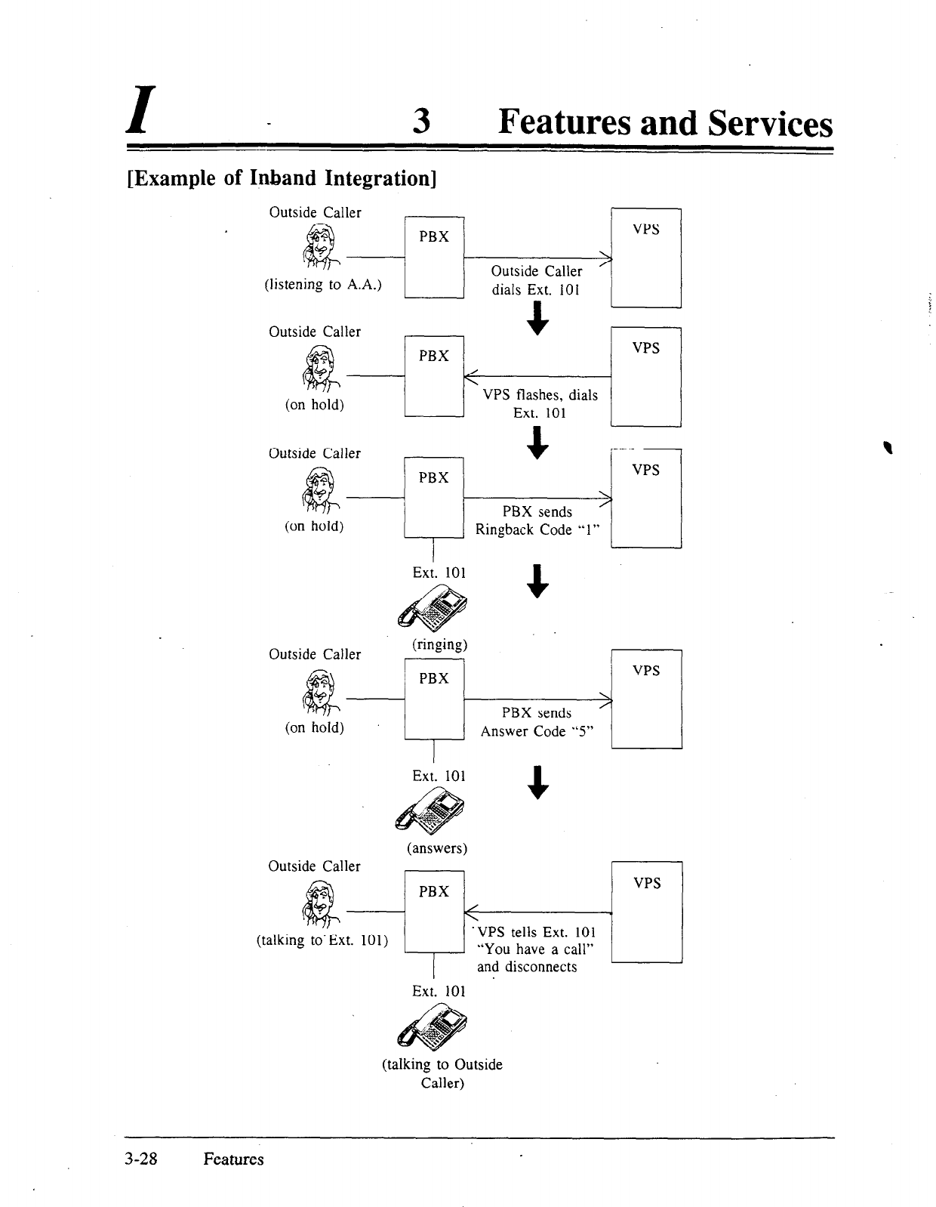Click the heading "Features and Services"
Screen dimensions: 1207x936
pyautogui.click(x=665, y=123)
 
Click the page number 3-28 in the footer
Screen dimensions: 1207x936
pyautogui.click(x=141, y=1159)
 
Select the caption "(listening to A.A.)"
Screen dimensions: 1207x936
pyautogui.click(x=322, y=285)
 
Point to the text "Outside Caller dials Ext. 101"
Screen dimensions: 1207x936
pyautogui.click(x=536, y=280)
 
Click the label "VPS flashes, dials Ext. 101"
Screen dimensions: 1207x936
pyautogui.click(x=540, y=404)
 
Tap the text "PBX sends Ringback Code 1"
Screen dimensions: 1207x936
pyautogui.click(x=537, y=521)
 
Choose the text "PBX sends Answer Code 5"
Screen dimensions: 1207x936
pyautogui.click(x=537, y=722)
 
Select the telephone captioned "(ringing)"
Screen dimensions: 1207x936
pyautogui.click(x=433, y=608)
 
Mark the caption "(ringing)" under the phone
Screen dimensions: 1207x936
pyautogui.click(x=439, y=645)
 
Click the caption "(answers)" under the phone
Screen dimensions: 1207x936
pyautogui.click(x=438, y=848)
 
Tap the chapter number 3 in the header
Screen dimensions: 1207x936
pyautogui.click(x=422, y=123)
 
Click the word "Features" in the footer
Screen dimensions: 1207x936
pyautogui.click(x=233, y=1159)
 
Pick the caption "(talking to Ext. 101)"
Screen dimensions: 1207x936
pyautogui.click(x=322, y=940)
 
